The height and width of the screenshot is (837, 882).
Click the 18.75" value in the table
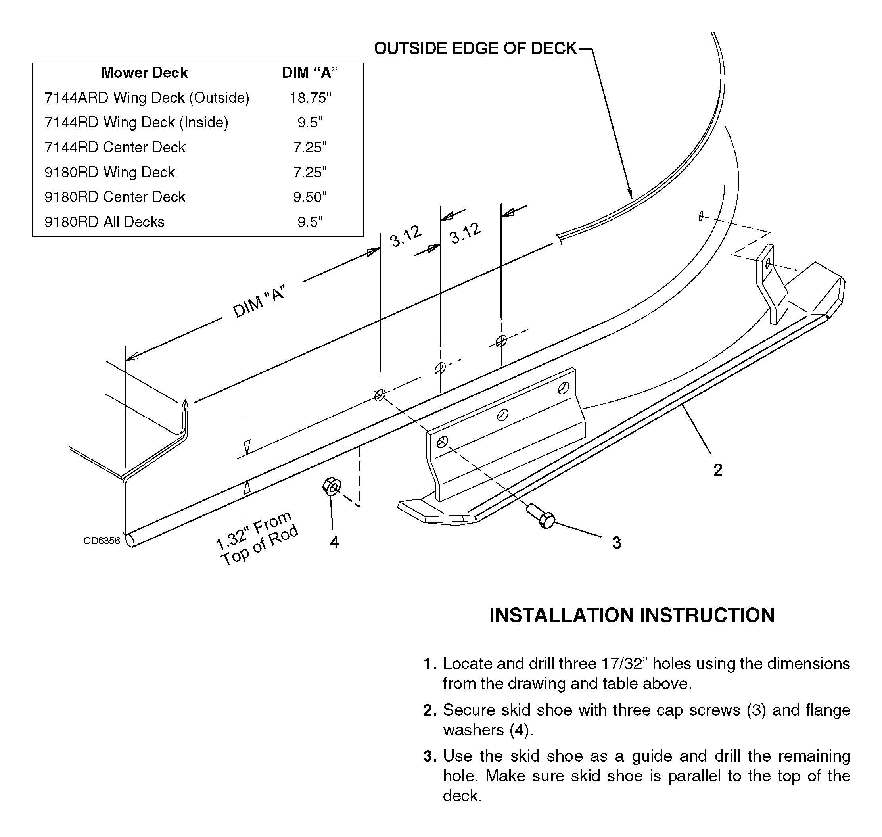click(x=310, y=98)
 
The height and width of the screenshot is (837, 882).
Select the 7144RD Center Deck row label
click(x=115, y=147)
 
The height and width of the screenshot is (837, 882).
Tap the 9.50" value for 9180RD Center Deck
click(x=310, y=197)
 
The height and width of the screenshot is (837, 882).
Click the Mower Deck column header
click(x=144, y=73)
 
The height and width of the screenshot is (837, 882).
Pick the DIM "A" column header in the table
click(x=310, y=73)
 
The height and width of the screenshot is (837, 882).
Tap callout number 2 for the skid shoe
click(x=718, y=470)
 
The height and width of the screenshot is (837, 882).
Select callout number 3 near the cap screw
click(x=617, y=543)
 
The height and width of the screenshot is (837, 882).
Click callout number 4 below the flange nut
click(x=335, y=542)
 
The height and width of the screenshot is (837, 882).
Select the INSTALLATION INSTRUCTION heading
click(x=632, y=615)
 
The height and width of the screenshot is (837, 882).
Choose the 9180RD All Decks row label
click(x=104, y=222)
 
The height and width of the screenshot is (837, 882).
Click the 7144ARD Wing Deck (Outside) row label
click(x=147, y=98)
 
